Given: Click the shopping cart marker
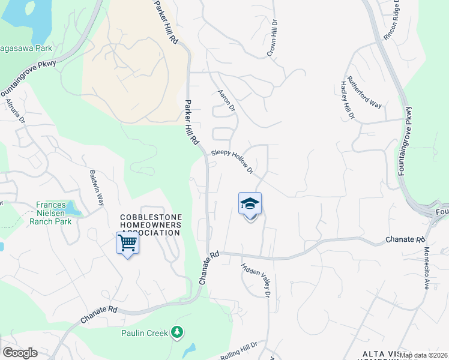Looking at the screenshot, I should [x=127, y=244].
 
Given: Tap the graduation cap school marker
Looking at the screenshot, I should [x=250, y=205].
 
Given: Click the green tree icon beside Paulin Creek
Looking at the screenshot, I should [x=176, y=331].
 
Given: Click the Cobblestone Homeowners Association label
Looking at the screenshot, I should [x=151, y=225].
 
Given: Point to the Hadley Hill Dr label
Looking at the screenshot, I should [x=348, y=99].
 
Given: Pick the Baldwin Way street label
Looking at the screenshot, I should [x=97, y=187].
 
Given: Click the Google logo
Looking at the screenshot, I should [x=20, y=353].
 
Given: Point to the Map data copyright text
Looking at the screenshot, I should [x=424, y=355].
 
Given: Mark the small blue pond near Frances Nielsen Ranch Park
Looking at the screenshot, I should [x=73, y=209].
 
